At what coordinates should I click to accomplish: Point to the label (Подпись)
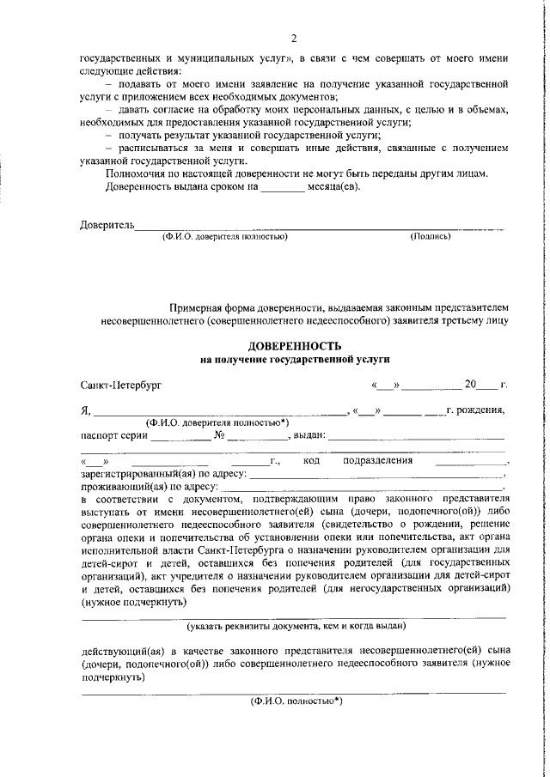[x=430, y=235]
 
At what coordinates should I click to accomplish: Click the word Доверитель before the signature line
[x=107, y=225]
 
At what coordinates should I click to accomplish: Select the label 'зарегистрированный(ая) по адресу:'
[x=163, y=473]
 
